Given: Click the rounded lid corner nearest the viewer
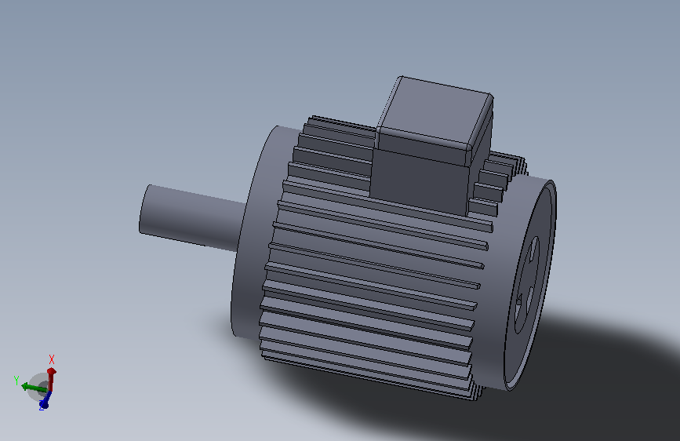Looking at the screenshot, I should click(x=471, y=149).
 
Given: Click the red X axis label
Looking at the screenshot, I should click(x=52, y=359).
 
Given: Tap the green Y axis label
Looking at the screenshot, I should click(x=16, y=380).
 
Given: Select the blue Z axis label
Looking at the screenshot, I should click(x=41, y=408).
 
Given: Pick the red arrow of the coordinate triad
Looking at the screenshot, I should click(x=51, y=377).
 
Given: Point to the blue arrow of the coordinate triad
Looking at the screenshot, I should click(x=45, y=399).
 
